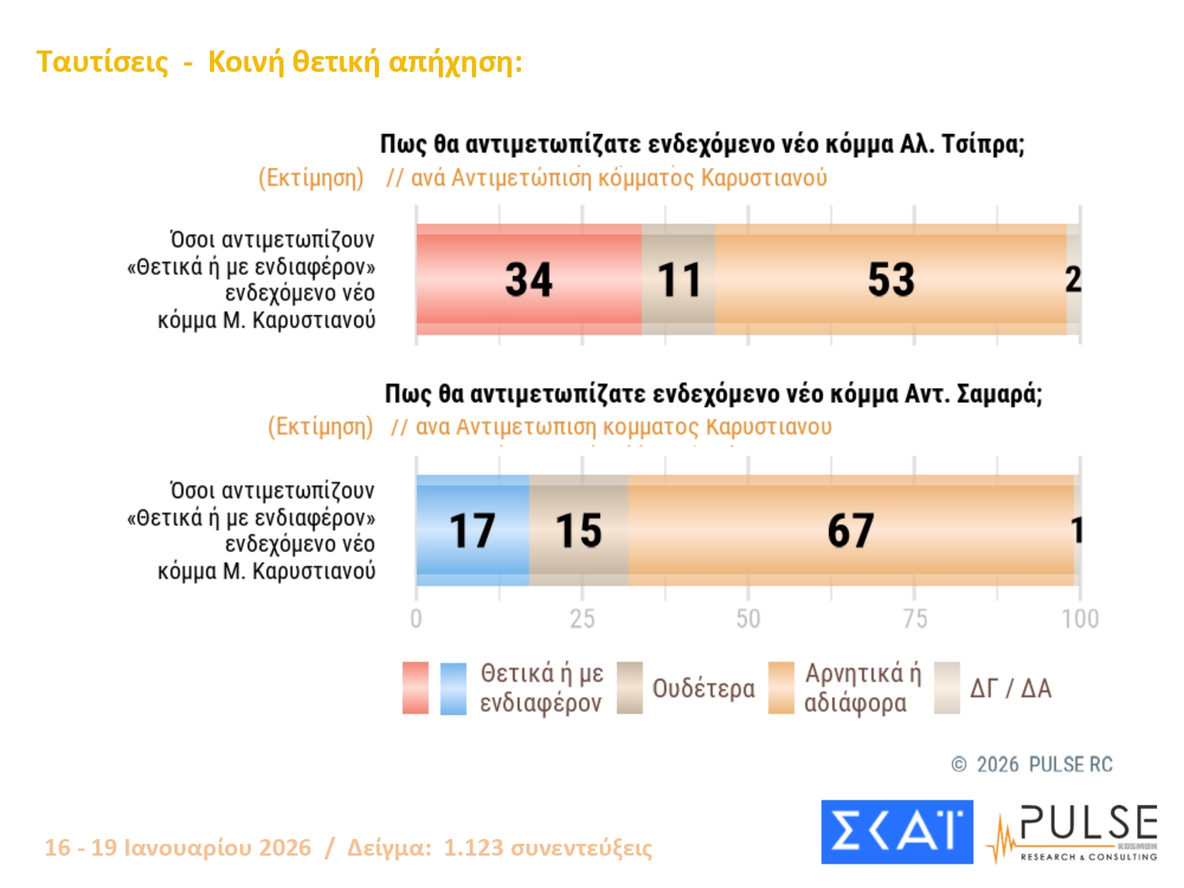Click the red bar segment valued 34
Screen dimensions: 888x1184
pyautogui.click(x=529, y=279)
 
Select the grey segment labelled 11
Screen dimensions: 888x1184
pyautogui.click(x=678, y=279)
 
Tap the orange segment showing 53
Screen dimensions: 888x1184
pyautogui.click(x=890, y=279)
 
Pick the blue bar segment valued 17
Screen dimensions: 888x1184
pyautogui.click(x=472, y=530)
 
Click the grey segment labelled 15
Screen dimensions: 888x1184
pyautogui.click(x=579, y=530)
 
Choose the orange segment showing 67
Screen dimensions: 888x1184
pyautogui.click(x=850, y=530)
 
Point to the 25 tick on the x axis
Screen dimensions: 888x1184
pyautogui.click(x=583, y=618)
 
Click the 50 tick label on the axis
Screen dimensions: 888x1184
pyautogui.click(x=748, y=618)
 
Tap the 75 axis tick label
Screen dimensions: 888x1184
pyautogui.click(x=915, y=618)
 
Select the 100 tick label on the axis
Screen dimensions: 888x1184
pyautogui.click(x=1080, y=618)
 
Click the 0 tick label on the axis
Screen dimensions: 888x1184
pyautogui.click(x=416, y=618)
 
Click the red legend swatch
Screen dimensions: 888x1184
pyautogui.click(x=415, y=688)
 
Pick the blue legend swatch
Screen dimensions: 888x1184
pyautogui.click(x=453, y=688)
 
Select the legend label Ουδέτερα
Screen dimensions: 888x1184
pyautogui.click(x=703, y=688)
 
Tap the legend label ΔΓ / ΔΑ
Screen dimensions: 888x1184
pyautogui.click(x=1010, y=688)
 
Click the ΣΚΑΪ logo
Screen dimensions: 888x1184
pyautogui.click(x=897, y=832)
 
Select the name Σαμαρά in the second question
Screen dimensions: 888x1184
pyautogui.click(x=999, y=394)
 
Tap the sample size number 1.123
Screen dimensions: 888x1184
pyautogui.click(x=473, y=848)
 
